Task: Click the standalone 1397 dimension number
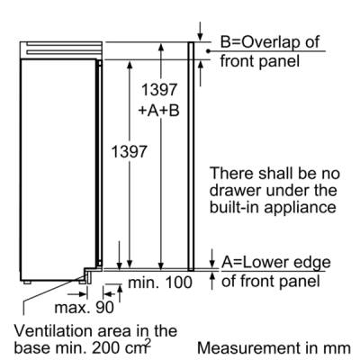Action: (129, 151)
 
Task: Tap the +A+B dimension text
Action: (158, 110)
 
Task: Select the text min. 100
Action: (160, 283)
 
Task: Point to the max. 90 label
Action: (85, 307)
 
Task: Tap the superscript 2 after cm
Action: (148, 342)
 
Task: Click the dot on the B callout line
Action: (208, 51)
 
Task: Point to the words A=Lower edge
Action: (276, 263)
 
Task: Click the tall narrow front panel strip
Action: (191, 157)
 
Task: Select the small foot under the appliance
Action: (27, 282)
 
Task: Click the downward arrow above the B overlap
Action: (200, 31)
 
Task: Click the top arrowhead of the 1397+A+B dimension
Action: (161, 48)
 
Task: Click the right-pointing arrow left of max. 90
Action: (77, 294)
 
